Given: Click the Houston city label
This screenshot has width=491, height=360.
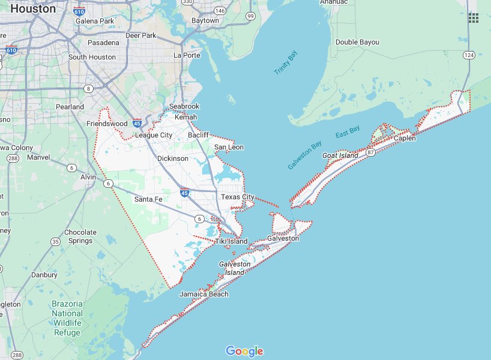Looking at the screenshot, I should (x=34, y=9).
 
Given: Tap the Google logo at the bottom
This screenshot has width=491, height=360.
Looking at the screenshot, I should (x=245, y=351).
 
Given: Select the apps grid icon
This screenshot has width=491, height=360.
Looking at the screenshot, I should (x=474, y=18).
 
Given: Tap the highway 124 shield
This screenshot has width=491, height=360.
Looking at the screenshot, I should (x=469, y=55).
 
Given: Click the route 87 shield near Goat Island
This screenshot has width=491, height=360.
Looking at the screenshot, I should (x=371, y=153).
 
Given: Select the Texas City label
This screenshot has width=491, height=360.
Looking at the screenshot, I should (x=238, y=197).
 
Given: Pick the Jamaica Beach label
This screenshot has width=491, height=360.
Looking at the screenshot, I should (x=204, y=294).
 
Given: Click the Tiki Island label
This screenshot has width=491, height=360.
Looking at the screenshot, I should (x=231, y=241).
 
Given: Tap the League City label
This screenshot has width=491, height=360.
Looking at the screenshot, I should (x=154, y=135).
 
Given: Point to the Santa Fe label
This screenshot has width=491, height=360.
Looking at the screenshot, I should (x=148, y=199).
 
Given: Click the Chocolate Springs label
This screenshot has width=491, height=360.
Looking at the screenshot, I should (x=80, y=236).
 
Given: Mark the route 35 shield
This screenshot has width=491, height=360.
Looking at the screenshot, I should (x=55, y=242).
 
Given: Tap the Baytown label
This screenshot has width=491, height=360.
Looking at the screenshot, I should (x=205, y=20).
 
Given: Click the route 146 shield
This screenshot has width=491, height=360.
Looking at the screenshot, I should (x=220, y=11).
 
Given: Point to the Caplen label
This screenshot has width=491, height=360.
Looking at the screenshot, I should (x=405, y=138).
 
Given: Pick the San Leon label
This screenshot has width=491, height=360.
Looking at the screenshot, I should (x=229, y=147).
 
